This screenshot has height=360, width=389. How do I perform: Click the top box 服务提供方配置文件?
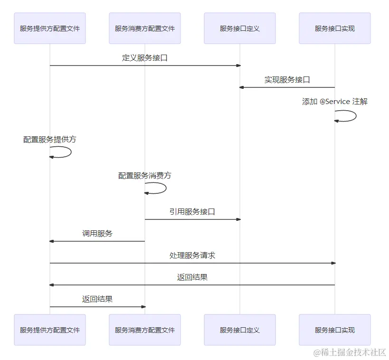(50, 28)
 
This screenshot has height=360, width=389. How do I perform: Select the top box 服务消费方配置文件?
(145, 28)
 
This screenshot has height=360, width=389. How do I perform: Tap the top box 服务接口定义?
(240, 28)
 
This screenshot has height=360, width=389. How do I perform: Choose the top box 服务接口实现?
(335, 28)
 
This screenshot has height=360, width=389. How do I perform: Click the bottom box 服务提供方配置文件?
(50, 330)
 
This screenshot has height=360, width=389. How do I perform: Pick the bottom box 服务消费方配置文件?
(145, 330)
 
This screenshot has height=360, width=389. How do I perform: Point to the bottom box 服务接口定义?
(240, 330)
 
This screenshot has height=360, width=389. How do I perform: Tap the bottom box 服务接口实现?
(335, 330)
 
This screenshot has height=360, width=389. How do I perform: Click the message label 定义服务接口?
(145, 58)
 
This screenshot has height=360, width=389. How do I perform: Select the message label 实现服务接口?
(287, 80)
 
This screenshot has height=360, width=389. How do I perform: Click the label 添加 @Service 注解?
(335, 102)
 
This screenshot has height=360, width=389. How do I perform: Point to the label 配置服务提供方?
(50, 140)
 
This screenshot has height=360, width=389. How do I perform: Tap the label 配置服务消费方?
(145, 176)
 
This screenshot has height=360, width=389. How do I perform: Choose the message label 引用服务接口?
(192, 212)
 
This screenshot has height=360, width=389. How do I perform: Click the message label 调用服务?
(97, 234)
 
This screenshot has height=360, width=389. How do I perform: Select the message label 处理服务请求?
(192, 256)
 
